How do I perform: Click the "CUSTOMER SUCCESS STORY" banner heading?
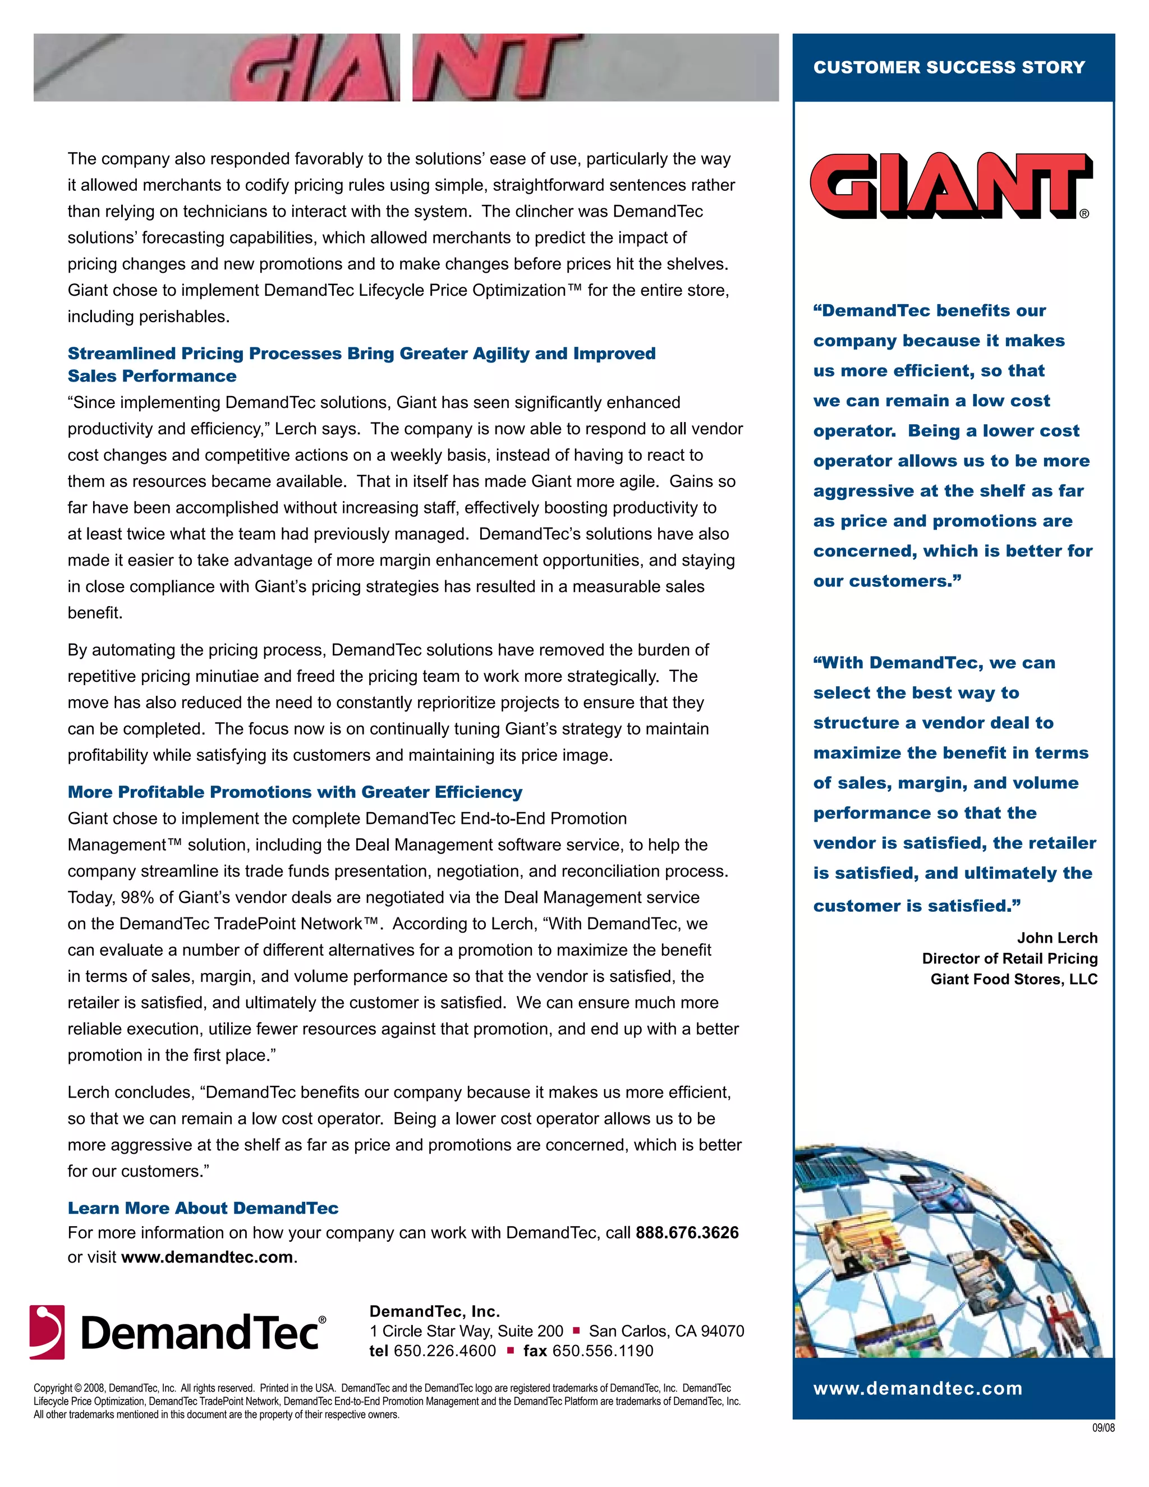[x=949, y=67]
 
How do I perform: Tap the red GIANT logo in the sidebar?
[x=950, y=185]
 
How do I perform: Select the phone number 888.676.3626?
[x=687, y=1232]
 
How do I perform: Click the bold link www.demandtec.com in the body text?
[x=207, y=1257]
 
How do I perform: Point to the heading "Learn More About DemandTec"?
[x=203, y=1208]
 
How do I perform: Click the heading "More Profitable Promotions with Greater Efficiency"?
[x=295, y=792]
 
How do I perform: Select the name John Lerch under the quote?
[x=1057, y=938]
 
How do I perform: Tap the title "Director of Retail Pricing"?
[x=1009, y=958]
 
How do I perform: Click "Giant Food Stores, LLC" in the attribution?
[x=1014, y=979]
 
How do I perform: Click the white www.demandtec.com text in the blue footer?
[x=917, y=1388]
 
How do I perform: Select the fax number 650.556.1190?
[x=603, y=1351]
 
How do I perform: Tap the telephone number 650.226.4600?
[x=444, y=1351]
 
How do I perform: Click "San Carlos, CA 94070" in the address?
[x=667, y=1331]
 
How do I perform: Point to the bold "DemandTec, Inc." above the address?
[x=434, y=1311]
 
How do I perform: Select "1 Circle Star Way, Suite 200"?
[x=466, y=1331]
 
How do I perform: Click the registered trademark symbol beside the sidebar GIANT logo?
[x=1084, y=214]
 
